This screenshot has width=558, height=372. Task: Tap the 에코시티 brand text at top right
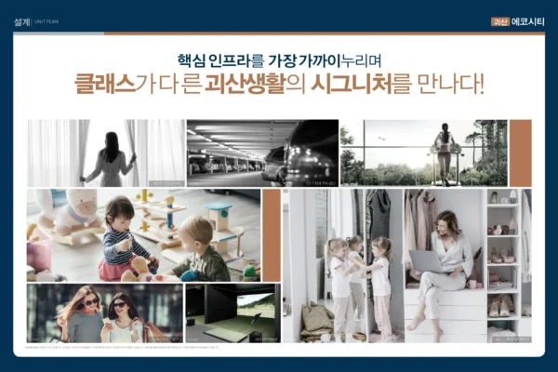527,20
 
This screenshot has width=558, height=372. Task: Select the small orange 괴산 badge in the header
500,20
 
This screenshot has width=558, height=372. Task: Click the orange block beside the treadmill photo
520,153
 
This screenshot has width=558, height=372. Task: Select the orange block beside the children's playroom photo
271,234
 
